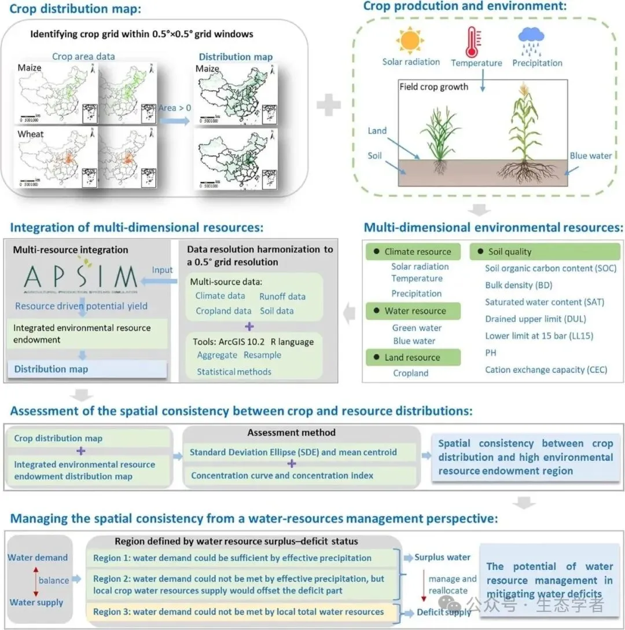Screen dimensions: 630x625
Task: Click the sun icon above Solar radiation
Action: click(x=411, y=41)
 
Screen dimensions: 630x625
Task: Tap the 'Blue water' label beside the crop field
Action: click(x=590, y=156)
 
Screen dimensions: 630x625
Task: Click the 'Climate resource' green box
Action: click(x=414, y=252)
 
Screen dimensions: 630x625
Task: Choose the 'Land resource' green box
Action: click(x=414, y=357)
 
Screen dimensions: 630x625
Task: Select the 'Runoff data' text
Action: click(x=282, y=296)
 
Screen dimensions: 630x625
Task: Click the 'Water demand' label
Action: click(x=38, y=558)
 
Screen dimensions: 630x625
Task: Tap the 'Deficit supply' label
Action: click(x=444, y=613)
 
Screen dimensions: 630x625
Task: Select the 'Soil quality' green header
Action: click(x=547, y=252)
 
